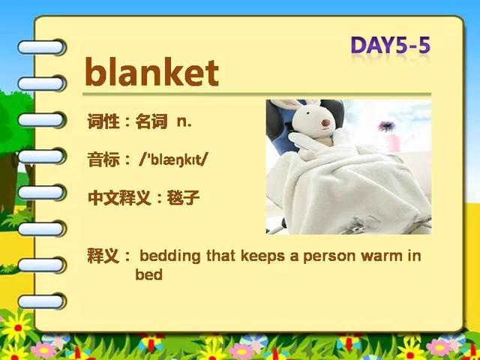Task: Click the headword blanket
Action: [x=152, y=72]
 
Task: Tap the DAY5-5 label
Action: [x=391, y=45]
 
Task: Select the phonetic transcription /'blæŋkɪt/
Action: [x=173, y=160]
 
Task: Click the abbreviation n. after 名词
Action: [x=184, y=121]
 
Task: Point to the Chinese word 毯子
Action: [x=183, y=197]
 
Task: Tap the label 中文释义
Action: [x=119, y=197]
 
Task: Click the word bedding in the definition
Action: [x=170, y=256]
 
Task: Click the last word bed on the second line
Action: [x=148, y=274]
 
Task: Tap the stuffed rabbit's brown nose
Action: [x=325, y=123]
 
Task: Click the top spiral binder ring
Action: [x=42, y=47]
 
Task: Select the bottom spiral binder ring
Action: [x=42, y=301]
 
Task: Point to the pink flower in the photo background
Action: [x=387, y=126]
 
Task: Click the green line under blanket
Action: [x=256, y=94]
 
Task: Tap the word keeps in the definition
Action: [x=262, y=256]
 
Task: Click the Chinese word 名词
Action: [x=151, y=121]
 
